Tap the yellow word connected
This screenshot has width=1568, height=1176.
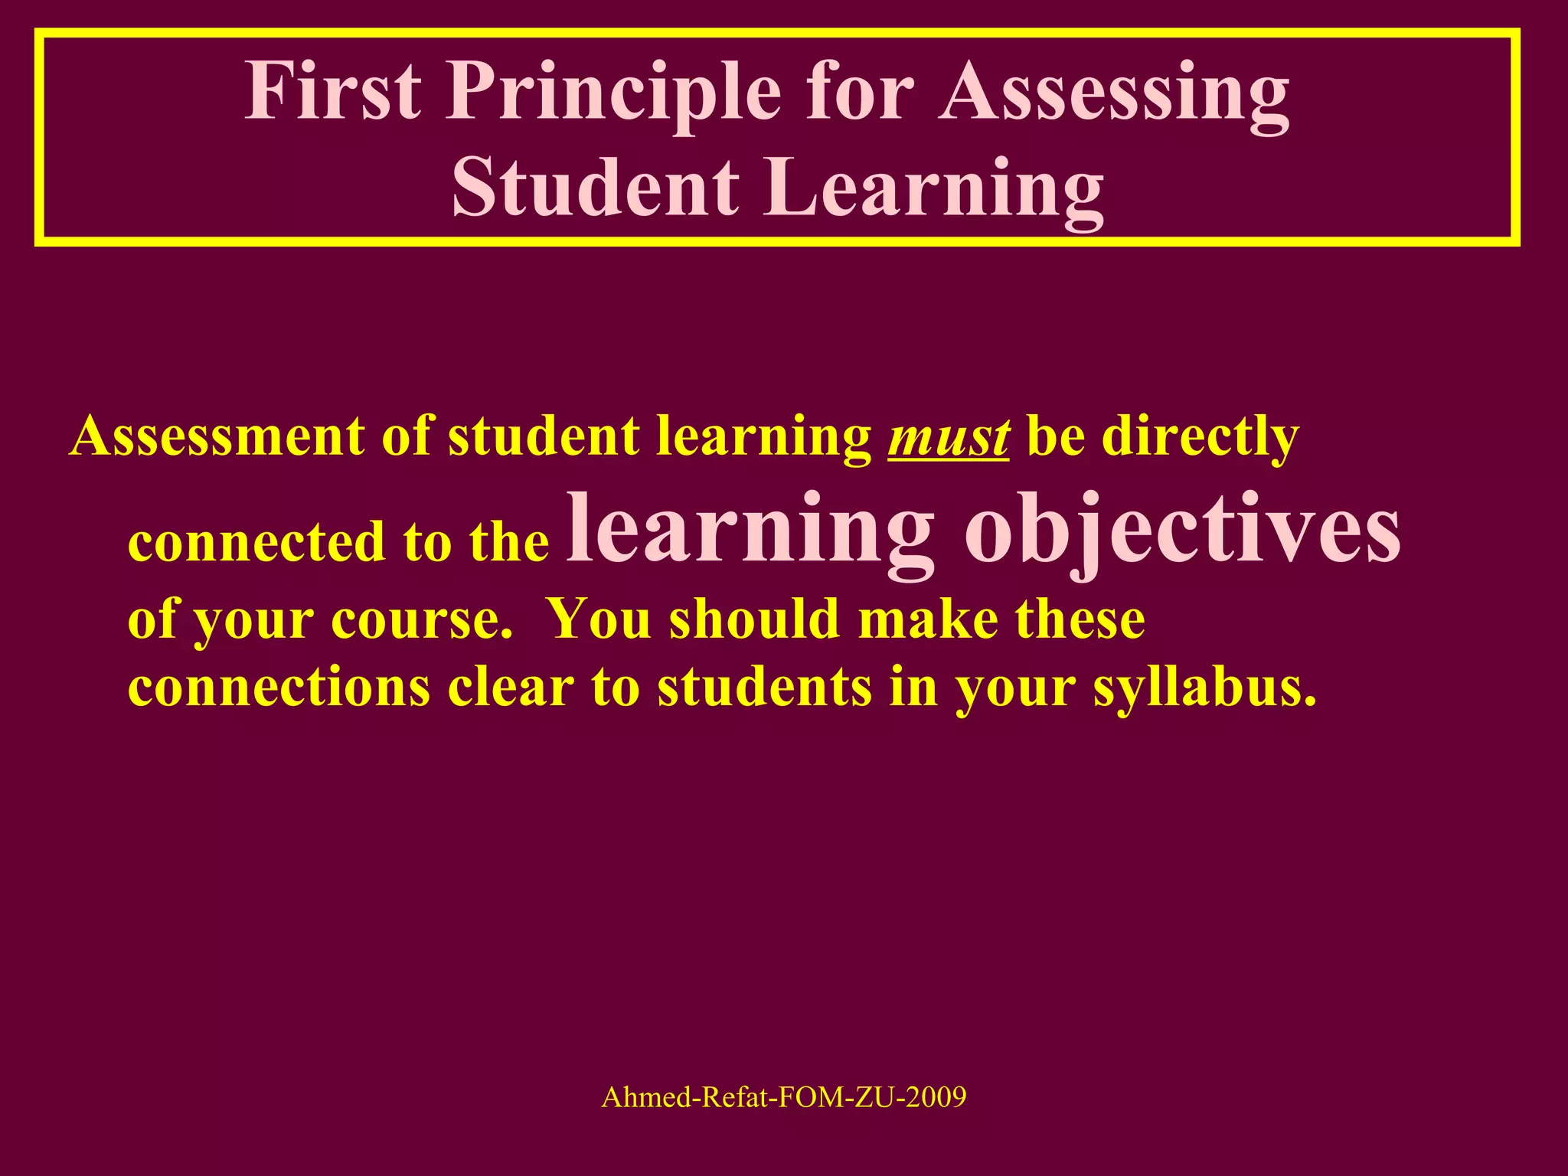[257, 541]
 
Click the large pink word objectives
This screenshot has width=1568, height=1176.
[1182, 531]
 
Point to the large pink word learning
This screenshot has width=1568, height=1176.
[750, 531]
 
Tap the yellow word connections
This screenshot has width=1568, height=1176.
[279, 687]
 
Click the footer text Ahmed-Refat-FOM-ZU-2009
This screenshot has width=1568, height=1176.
[784, 1097]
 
